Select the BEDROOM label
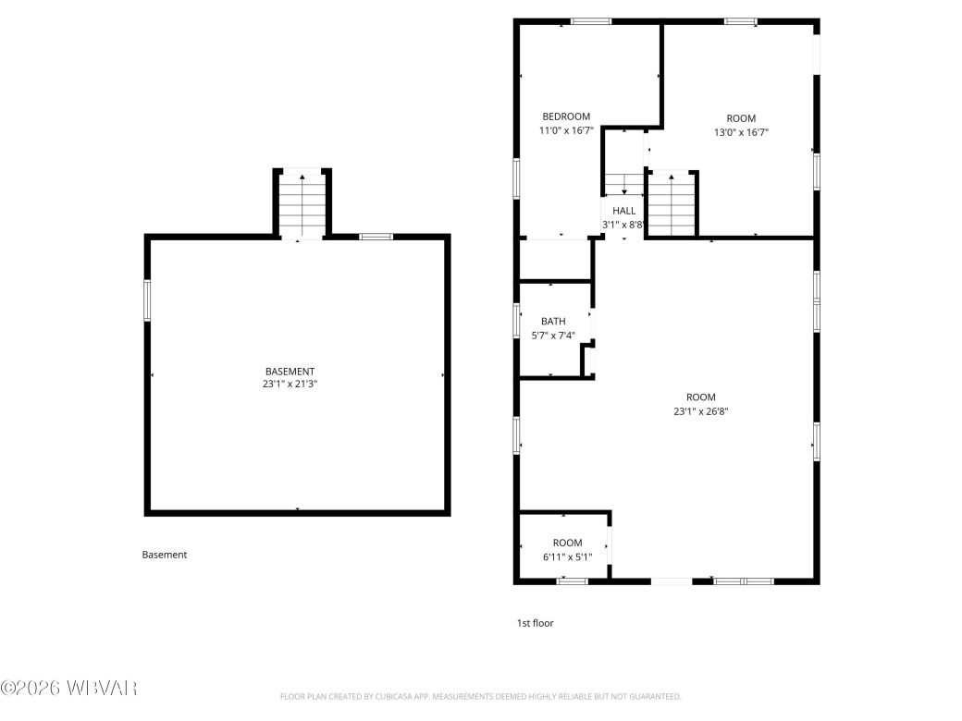tap(565, 116)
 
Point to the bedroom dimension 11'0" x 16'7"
tap(565, 131)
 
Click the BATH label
tap(553, 322)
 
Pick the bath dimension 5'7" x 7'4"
tap(553, 336)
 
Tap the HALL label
tap(623, 211)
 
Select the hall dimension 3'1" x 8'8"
tap(623, 225)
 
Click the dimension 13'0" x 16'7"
tap(740, 132)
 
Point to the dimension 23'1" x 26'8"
tap(700, 412)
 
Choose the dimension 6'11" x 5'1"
tap(567, 556)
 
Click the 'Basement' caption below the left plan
tap(165, 555)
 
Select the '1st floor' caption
tap(535, 623)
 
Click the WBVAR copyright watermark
tap(69, 689)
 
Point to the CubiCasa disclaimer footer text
tap(480, 696)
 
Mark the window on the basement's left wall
tap(147, 300)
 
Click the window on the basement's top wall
tap(376, 237)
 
